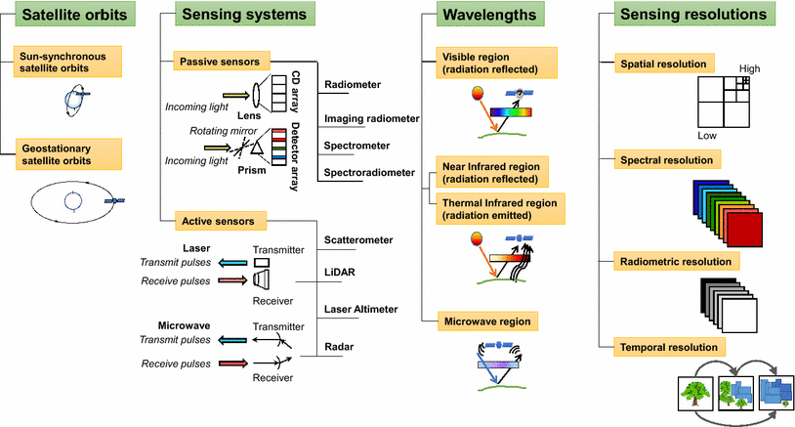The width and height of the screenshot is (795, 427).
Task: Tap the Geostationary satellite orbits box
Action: pos(71,153)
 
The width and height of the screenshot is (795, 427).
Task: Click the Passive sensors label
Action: pos(216,61)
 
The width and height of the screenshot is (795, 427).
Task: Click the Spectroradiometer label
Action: pos(369,173)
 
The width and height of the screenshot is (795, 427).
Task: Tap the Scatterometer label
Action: pos(360,239)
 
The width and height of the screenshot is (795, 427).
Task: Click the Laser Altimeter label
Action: pos(360,309)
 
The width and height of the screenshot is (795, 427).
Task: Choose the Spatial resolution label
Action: pos(664,64)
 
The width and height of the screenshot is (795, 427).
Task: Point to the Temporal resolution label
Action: pos(669,347)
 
